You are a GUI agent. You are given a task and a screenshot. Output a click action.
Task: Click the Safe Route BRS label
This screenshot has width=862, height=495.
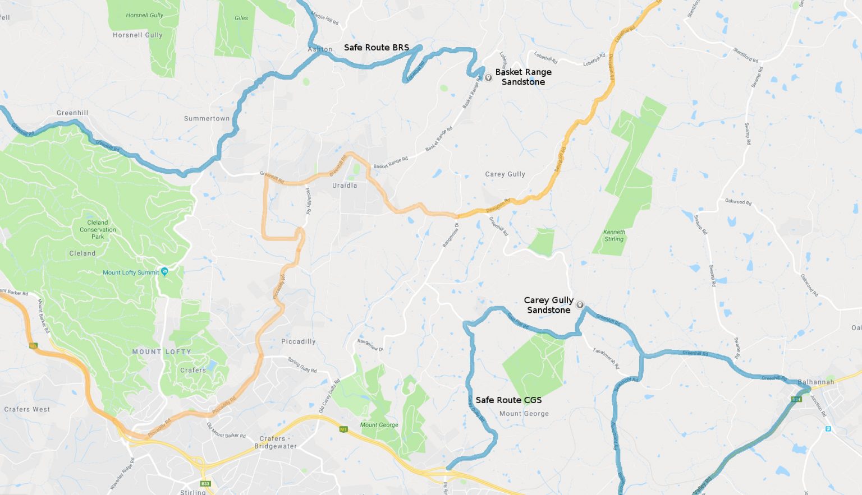[376, 48]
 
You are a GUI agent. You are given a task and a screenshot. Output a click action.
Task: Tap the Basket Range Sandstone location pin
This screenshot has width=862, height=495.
[488, 77]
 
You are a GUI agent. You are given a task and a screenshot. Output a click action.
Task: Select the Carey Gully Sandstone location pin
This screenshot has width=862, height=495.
[580, 305]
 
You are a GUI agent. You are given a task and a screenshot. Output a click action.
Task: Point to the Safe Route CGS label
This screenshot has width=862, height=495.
[508, 400]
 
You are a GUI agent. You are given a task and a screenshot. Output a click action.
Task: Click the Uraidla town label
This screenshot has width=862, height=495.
[345, 186]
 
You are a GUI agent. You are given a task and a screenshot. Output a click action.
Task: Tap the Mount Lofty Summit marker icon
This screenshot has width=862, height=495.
[164, 271]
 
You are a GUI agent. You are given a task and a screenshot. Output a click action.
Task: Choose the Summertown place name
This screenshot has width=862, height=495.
[207, 119]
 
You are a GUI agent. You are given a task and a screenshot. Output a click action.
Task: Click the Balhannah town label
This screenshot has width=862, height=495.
[816, 382]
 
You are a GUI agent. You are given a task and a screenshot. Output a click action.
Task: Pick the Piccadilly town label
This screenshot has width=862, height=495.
[298, 341]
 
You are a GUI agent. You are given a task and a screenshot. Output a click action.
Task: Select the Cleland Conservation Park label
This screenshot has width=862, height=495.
[98, 229]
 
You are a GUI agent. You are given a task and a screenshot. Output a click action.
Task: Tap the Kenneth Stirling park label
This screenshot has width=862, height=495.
[614, 235]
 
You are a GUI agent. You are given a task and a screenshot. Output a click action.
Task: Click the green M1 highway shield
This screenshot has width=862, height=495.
[343, 429]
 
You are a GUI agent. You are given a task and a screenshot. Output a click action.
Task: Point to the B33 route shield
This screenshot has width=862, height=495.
[205, 483]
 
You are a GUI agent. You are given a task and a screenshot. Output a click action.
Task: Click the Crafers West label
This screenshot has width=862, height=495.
[27, 409]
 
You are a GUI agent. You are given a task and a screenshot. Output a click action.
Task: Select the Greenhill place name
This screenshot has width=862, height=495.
[72, 113]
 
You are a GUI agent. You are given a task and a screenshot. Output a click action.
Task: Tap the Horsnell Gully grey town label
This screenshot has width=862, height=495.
[137, 35]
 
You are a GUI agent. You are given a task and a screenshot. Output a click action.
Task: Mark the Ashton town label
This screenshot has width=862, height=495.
[320, 49]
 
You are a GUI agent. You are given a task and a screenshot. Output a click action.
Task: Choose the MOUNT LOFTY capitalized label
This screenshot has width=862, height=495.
[162, 351]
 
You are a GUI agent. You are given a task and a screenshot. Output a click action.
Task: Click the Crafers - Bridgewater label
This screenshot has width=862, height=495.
[275, 442]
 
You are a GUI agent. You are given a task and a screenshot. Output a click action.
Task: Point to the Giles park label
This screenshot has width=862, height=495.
[241, 18]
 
